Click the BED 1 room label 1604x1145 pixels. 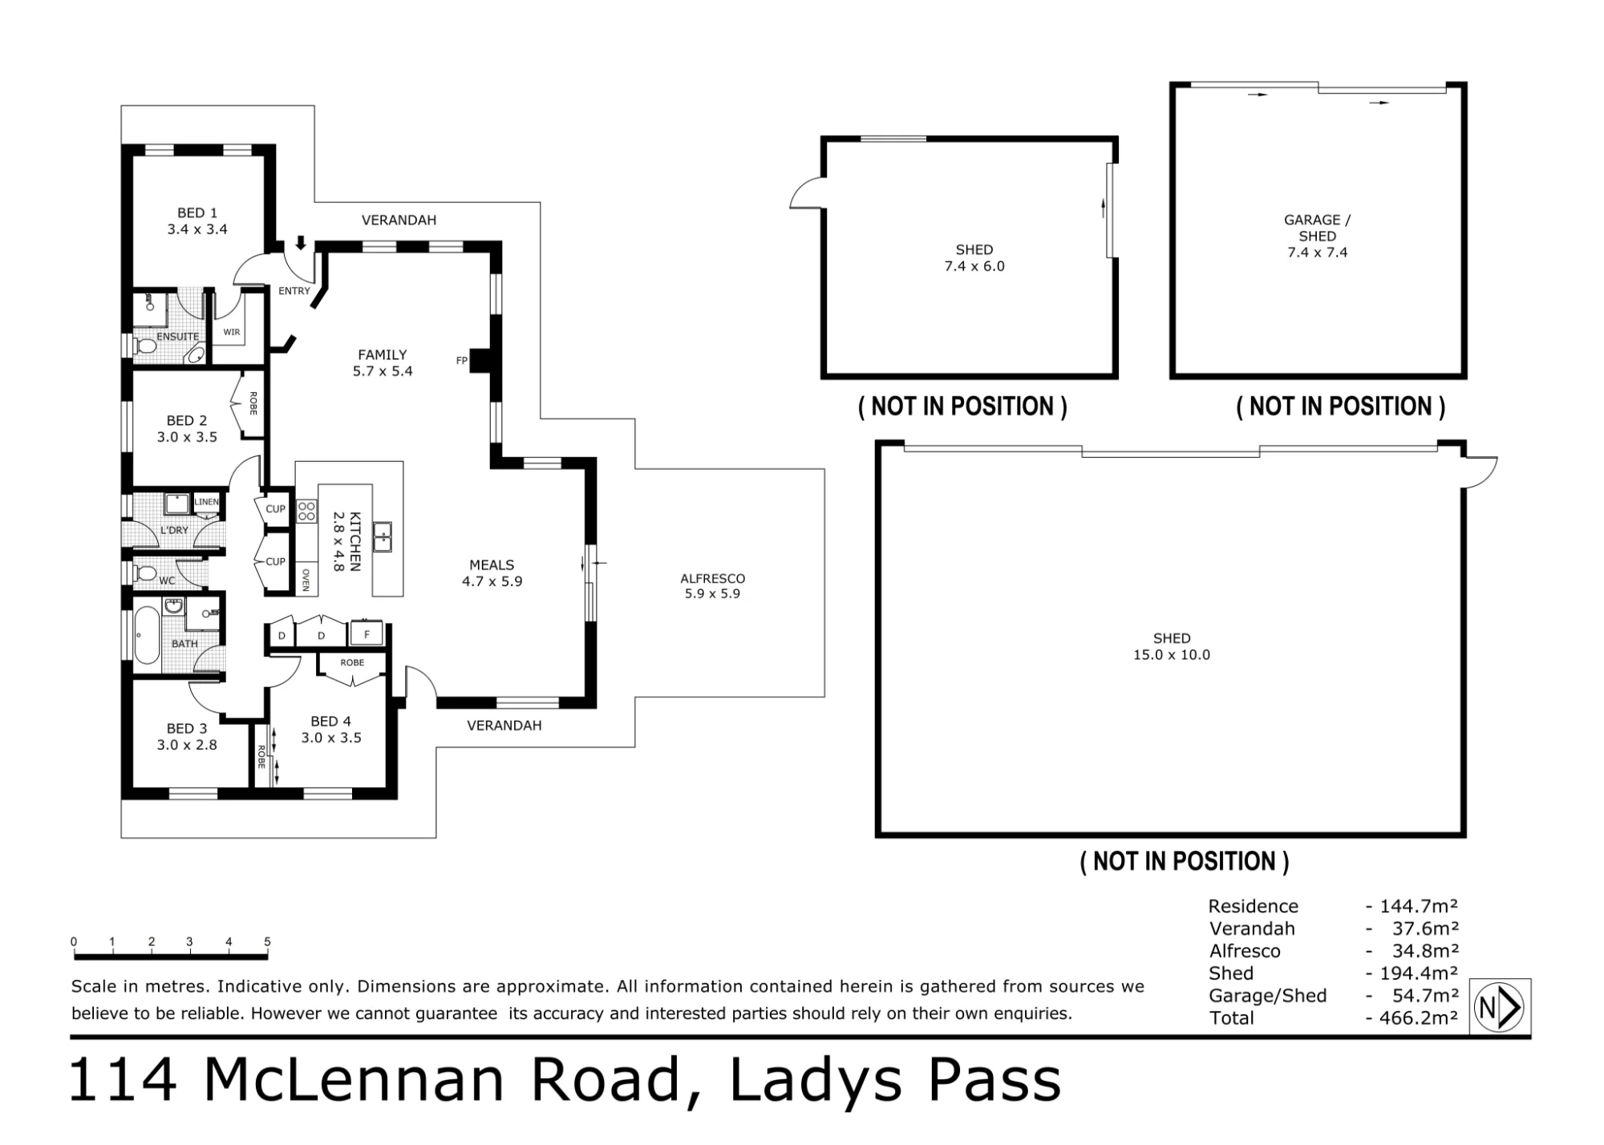(x=197, y=213)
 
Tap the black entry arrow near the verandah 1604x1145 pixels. (x=301, y=242)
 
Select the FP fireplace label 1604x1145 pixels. (x=461, y=361)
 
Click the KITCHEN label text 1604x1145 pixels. (x=355, y=541)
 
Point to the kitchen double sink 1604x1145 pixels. (x=383, y=536)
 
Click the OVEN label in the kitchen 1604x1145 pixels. (x=306, y=580)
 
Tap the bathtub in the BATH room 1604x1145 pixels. (x=147, y=636)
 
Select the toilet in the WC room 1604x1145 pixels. (x=144, y=573)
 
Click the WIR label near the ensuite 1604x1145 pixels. (x=232, y=332)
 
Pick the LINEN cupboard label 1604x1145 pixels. (x=206, y=502)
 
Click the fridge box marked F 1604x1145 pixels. (x=367, y=634)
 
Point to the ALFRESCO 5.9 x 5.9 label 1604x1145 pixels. (x=712, y=586)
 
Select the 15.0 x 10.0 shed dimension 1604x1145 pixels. (x=1171, y=654)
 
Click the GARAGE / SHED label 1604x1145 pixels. (x=1317, y=228)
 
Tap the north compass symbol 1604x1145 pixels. (x=1500, y=1007)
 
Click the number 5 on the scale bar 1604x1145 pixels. (x=267, y=942)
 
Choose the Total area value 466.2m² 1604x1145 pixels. (x=1419, y=1018)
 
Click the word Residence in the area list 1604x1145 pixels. (x=1253, y=906)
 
